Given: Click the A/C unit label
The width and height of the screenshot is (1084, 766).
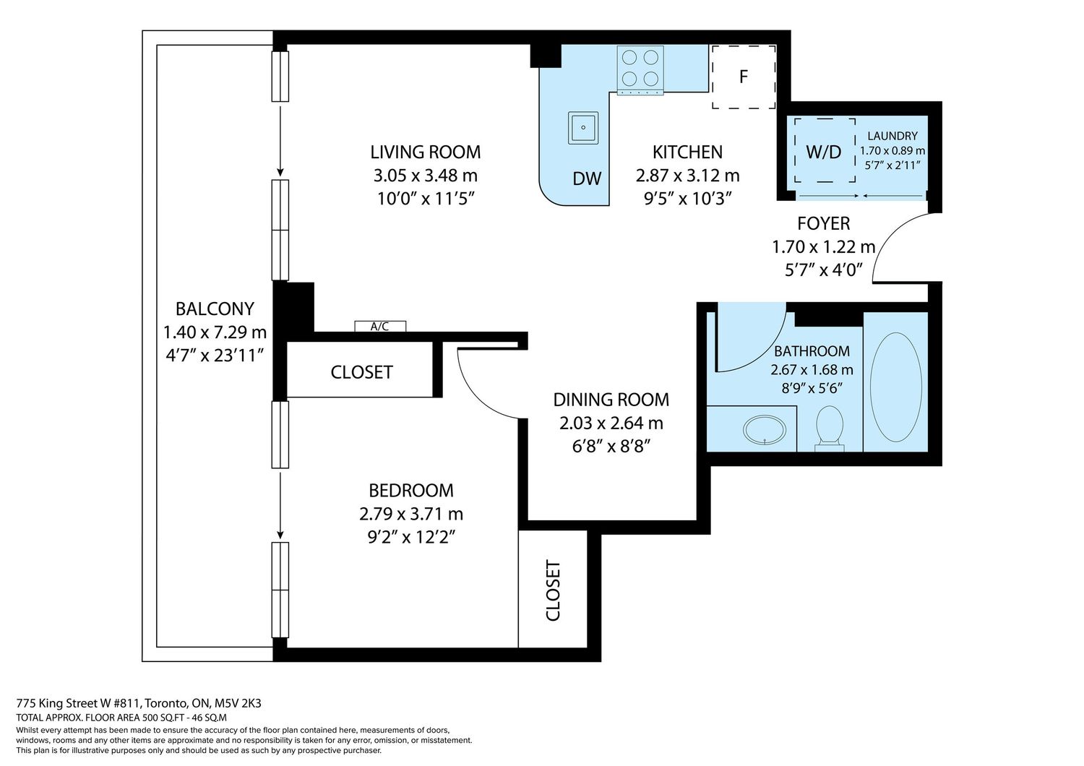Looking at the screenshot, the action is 380,327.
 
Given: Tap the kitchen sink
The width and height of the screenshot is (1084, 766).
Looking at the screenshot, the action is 583,128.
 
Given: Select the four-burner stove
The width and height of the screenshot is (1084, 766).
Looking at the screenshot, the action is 640,70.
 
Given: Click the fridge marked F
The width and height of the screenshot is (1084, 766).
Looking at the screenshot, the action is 744,77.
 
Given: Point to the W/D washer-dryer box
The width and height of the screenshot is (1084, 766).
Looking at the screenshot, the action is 825,150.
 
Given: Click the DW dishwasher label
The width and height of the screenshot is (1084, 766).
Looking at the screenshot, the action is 587,179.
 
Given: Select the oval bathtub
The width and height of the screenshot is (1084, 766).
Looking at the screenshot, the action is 896,387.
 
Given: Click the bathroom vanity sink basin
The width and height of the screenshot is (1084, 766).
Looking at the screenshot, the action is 765,429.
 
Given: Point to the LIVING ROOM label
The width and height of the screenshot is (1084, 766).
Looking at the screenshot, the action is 426,152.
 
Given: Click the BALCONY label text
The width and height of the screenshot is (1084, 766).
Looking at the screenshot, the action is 215,309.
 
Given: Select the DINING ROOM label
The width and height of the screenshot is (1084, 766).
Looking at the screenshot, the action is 611,400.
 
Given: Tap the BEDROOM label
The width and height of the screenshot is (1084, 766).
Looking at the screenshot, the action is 411,491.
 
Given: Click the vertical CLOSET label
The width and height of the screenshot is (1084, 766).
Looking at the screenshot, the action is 553,590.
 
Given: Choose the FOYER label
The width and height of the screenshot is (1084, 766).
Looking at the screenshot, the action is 824,223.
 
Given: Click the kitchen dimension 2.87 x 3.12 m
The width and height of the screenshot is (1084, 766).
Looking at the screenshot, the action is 688,176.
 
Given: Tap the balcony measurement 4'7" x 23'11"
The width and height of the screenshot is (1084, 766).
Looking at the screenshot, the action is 215,356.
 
